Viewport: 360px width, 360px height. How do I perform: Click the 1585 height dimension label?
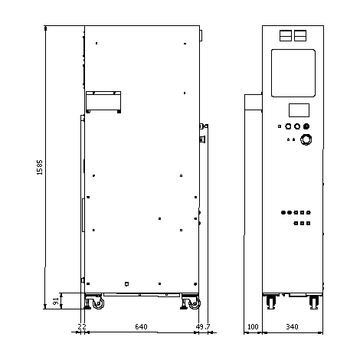pyautogui.click(x=40, y=167)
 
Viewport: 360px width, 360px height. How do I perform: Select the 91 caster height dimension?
pyautogui.click(x=56, y=301)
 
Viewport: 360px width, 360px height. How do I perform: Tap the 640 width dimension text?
pyautogui.click(x=141, y=327)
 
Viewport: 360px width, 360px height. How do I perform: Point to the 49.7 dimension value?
pyautogui.click(x=203, y=327)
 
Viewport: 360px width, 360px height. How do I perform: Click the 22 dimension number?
pyautogui.click(x=82, y=327)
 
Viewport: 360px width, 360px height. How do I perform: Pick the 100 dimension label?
pyautogui.click(x=253, y=327)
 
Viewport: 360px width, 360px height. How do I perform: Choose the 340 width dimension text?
pyautogui.click(x=292, y=327)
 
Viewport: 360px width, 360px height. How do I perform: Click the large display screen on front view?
pyautogui.click(x=293, y=73)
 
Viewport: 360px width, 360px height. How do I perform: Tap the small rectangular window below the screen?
pyautogui.click(x=299, y=110)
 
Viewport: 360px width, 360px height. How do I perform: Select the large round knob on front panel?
pyautogui.click(x=306, y=139)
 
